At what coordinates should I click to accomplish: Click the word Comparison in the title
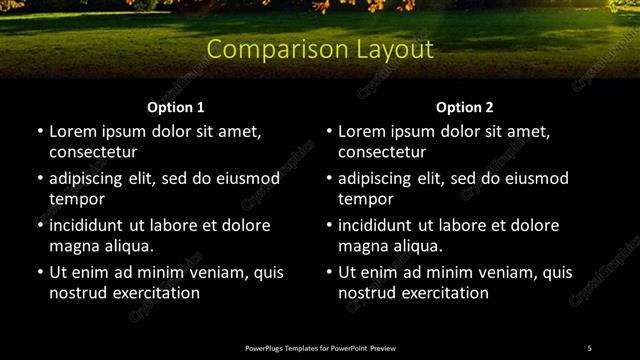tap(264, 49)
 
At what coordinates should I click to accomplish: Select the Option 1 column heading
tap(176, 107)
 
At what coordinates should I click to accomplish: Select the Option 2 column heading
tap(465, 107)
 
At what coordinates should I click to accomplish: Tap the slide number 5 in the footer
tap(589, 348)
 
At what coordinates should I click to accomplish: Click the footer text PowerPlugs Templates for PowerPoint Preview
tap(320, 348)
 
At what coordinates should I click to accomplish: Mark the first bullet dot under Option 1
tap(40, 131)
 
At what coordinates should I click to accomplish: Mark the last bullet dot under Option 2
tap(329, 272)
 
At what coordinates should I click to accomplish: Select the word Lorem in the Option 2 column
tap(362, 131)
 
